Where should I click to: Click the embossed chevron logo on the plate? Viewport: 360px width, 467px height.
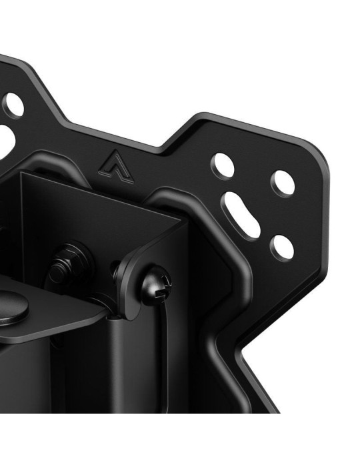click(x=114, y=164)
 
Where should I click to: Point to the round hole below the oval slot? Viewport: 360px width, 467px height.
click(x=281, y=248)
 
